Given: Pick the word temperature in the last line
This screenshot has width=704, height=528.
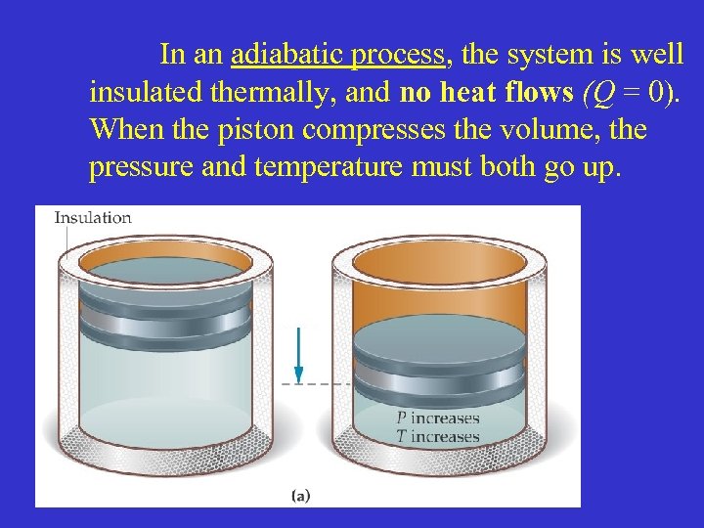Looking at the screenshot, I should coord(328,167).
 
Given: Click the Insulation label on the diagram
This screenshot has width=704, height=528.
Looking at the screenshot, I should coord(93,217).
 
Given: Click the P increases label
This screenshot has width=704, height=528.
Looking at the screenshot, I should coord(437,418).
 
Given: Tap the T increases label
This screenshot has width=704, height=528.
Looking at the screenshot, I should coord(437,436).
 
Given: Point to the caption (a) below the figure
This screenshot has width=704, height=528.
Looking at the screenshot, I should coord(301,495).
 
